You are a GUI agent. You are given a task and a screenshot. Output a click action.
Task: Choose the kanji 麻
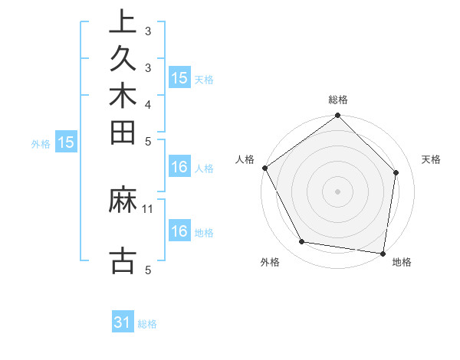[x=123, y=200]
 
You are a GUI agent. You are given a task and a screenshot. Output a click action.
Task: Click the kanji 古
[x=123, y=259]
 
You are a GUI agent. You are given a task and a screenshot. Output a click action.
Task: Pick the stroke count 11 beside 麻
[x=148, y=208]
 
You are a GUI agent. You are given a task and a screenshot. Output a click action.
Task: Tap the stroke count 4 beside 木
[x=147, y=103]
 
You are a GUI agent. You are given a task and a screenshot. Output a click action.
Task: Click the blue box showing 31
[x=123, y=323]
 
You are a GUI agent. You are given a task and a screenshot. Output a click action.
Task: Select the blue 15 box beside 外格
[x=66, y=142]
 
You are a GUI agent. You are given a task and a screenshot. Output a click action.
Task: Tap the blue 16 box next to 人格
[x=179, y=168]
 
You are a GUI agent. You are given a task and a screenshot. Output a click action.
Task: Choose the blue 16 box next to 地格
[x=179, y=232]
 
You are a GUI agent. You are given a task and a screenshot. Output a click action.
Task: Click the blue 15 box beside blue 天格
[x=179, y=78]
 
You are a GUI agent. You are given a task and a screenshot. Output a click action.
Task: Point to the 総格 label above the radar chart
[x=337, y=100]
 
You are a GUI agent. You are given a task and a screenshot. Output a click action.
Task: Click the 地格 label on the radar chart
[x=402, y=263]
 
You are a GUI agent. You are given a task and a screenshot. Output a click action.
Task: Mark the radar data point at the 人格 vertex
[x=265, y=168]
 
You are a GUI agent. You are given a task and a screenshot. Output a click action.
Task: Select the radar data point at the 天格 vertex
[x=396, y=172]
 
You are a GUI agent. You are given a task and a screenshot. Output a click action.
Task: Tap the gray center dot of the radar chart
[x=337, y=191]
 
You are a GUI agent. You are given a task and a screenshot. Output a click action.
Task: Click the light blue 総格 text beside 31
[x=147, y=324]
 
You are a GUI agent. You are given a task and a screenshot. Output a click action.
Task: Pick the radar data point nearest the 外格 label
[x=301, y=242]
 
